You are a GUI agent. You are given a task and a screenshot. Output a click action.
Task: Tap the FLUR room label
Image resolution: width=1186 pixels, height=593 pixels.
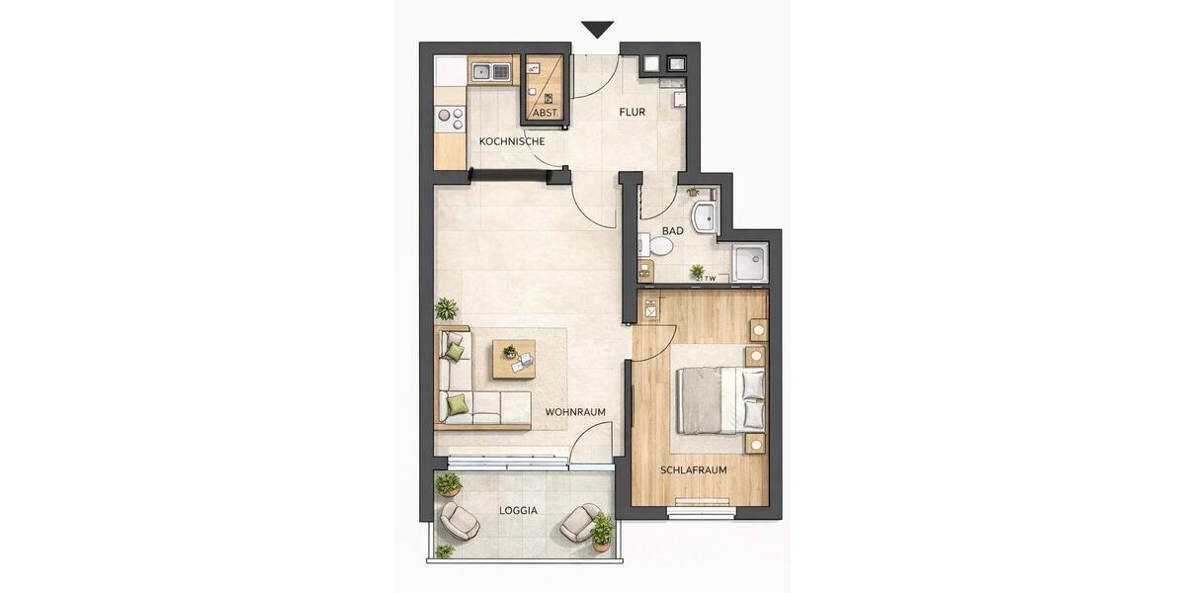pos(632,113)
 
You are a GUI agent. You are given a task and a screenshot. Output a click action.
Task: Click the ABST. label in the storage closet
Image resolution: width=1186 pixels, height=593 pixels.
pos(545,113)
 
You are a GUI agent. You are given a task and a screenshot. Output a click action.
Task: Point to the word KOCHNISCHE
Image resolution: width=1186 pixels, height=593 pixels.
pos(512,142)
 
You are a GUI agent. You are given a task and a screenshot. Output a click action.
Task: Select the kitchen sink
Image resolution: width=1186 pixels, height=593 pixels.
pos(490,70)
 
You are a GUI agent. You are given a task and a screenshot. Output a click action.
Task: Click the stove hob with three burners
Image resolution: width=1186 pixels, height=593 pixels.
pos(450,119)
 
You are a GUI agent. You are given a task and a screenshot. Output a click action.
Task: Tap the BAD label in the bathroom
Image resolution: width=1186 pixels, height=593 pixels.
pos(673,231)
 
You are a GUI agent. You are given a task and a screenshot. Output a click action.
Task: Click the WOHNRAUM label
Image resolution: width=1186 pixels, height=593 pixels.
pos(574,411)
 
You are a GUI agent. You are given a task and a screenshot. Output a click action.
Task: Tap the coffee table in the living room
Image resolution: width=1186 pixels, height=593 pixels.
pos(514,359)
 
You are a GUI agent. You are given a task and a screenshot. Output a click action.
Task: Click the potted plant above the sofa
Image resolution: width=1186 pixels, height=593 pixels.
pos(447,308)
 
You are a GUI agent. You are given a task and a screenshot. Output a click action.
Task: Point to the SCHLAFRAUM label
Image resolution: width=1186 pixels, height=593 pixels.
pos(694,470)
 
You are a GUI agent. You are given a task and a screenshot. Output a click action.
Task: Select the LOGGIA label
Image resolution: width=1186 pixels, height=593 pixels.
pos(518,511)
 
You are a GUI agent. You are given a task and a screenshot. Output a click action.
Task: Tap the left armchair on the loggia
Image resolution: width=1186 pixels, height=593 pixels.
pos(460,520)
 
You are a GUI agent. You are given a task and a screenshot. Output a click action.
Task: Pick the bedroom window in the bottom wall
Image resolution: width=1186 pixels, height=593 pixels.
pos(701,511)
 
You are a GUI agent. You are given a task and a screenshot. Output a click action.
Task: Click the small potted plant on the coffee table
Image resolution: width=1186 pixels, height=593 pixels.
pos(510,351)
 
